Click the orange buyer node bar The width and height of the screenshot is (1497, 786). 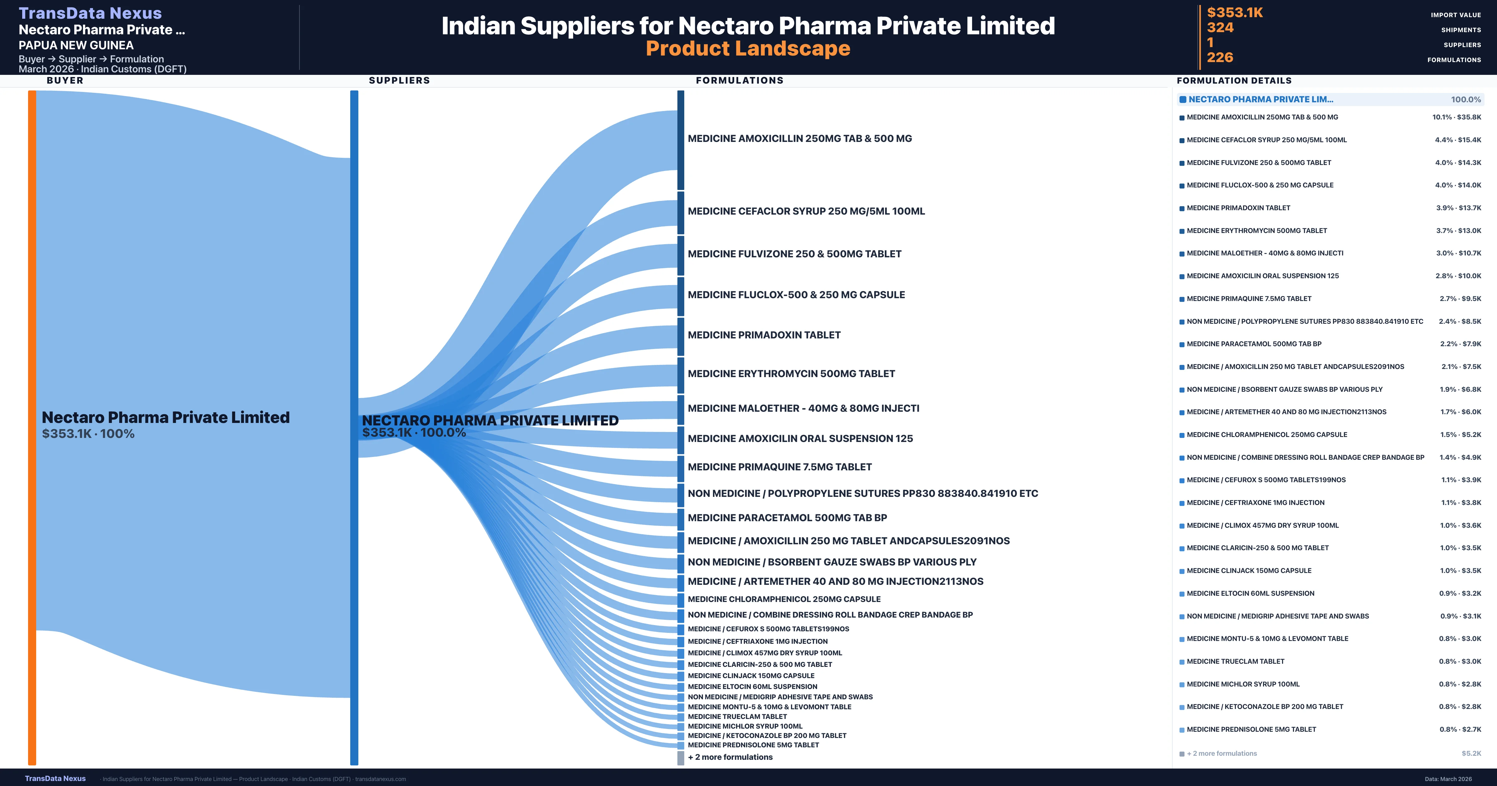32,427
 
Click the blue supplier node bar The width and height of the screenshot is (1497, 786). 354,427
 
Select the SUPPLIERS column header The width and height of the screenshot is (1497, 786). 399,80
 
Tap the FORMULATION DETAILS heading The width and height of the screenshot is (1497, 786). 1234,80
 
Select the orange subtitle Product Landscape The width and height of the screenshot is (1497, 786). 748,48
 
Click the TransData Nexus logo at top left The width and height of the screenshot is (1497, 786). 90,13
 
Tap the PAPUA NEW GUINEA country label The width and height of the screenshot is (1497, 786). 76,45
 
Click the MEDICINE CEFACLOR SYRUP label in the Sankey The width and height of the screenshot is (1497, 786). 806,211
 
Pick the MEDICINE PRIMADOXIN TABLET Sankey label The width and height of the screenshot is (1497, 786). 763,335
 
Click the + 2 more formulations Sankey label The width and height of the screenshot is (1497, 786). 730,757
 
